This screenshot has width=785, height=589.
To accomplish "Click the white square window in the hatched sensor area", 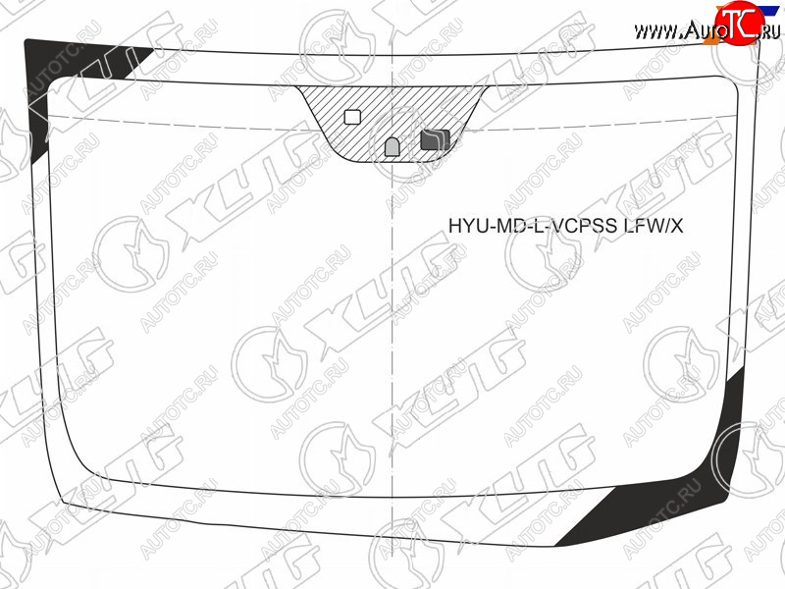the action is click(352, 117).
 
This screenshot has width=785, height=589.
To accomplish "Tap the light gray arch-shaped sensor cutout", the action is click(392, 146).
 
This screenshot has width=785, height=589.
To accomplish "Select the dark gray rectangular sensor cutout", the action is click(435, 139).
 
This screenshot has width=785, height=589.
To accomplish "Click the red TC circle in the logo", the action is click(740, 23).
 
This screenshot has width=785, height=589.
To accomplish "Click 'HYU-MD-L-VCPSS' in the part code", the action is click(533, 226).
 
